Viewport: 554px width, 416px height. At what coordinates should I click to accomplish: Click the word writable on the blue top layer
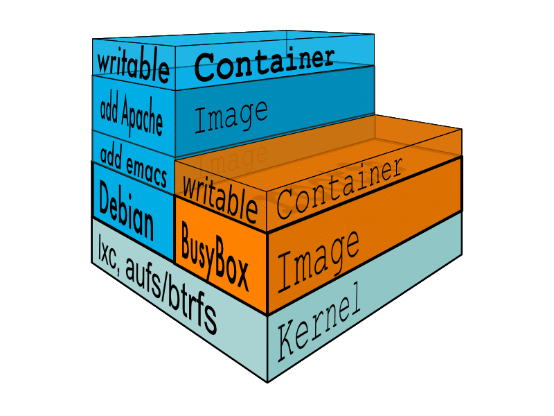[x=133, y=64]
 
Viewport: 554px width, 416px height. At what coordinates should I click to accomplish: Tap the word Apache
[x=143, y=114]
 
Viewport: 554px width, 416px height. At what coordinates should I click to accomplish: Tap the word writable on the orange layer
[x=219, y=198]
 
